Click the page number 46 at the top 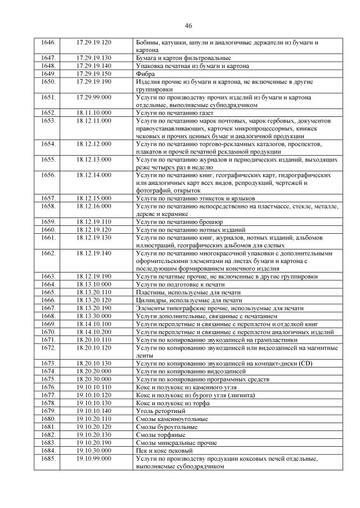[188, 26]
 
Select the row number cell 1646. [49, 42]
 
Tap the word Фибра [145, 74]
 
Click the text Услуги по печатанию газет [172, 113]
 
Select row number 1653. [49, 121]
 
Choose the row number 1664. [49, 284]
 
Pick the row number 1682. [49, 434]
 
